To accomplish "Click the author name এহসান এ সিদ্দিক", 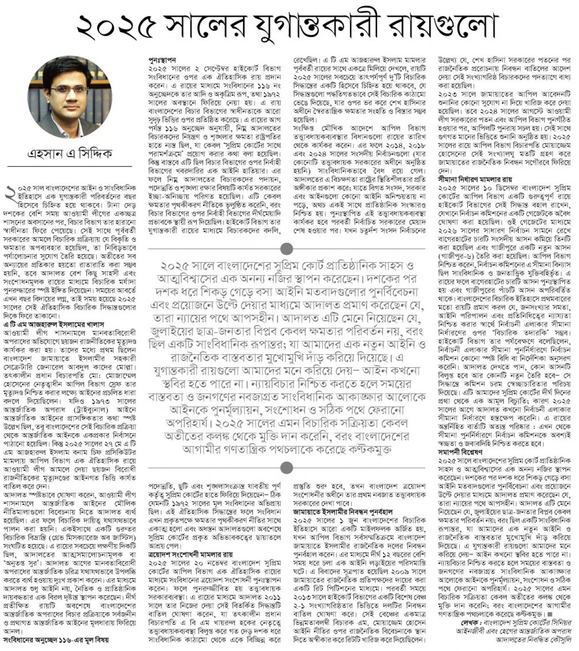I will click(70, 153).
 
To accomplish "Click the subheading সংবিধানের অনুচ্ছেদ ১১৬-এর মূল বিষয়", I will click(56, 639).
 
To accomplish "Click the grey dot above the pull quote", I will click(286, 249).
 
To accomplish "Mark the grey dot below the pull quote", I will click(286, 467).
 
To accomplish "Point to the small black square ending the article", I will click(550, 614).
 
